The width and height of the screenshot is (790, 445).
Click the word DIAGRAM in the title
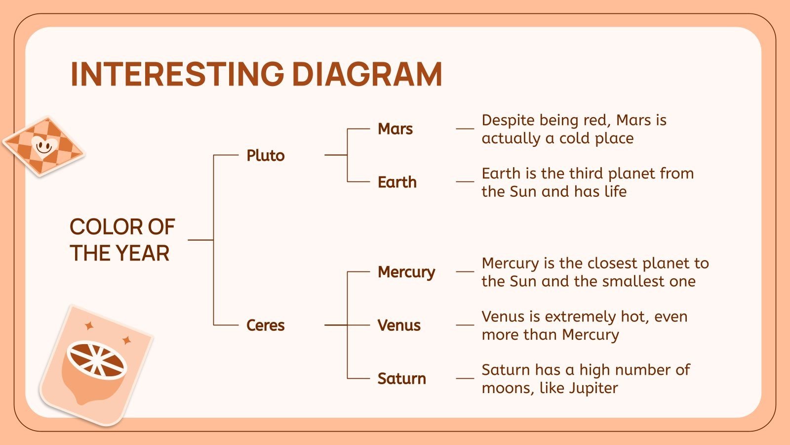[367, 74]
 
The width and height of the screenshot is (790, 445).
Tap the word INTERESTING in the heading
[177, 74]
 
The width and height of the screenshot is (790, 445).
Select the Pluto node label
[266, 155]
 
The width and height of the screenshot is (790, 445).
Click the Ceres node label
[266, 325]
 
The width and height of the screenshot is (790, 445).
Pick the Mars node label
[395, 129]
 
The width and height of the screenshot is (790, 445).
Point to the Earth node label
[397, 182]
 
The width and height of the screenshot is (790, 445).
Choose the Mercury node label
[406, 272]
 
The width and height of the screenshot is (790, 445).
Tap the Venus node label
[399, 325]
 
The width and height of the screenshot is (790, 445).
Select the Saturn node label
[401, 379]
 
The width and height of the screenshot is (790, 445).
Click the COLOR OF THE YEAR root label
[122, 240]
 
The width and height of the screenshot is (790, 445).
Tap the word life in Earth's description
[615, 191]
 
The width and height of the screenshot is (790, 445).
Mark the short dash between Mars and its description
[465, 129]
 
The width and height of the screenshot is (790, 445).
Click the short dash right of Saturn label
[465, 379]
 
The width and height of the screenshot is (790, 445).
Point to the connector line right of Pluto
[336, 155]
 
